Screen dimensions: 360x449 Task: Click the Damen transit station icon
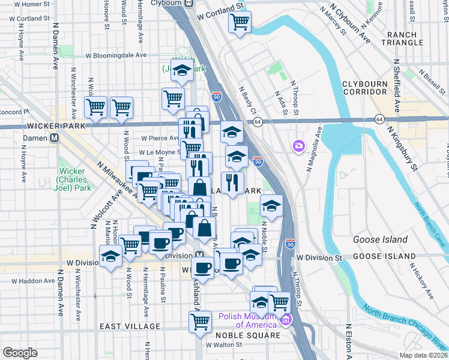[54, 137]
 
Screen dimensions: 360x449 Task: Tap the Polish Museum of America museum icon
[286, 317]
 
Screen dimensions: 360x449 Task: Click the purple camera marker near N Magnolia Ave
[298, 146]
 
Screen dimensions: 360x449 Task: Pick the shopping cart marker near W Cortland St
[240, 22]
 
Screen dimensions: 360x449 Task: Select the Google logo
[20, 353]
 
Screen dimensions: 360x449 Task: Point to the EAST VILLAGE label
[130, 326]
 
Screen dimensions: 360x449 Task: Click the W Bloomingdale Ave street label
[116, 55]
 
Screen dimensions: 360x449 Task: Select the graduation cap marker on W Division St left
[110, 257]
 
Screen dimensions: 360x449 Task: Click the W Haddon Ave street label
[30, 281]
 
